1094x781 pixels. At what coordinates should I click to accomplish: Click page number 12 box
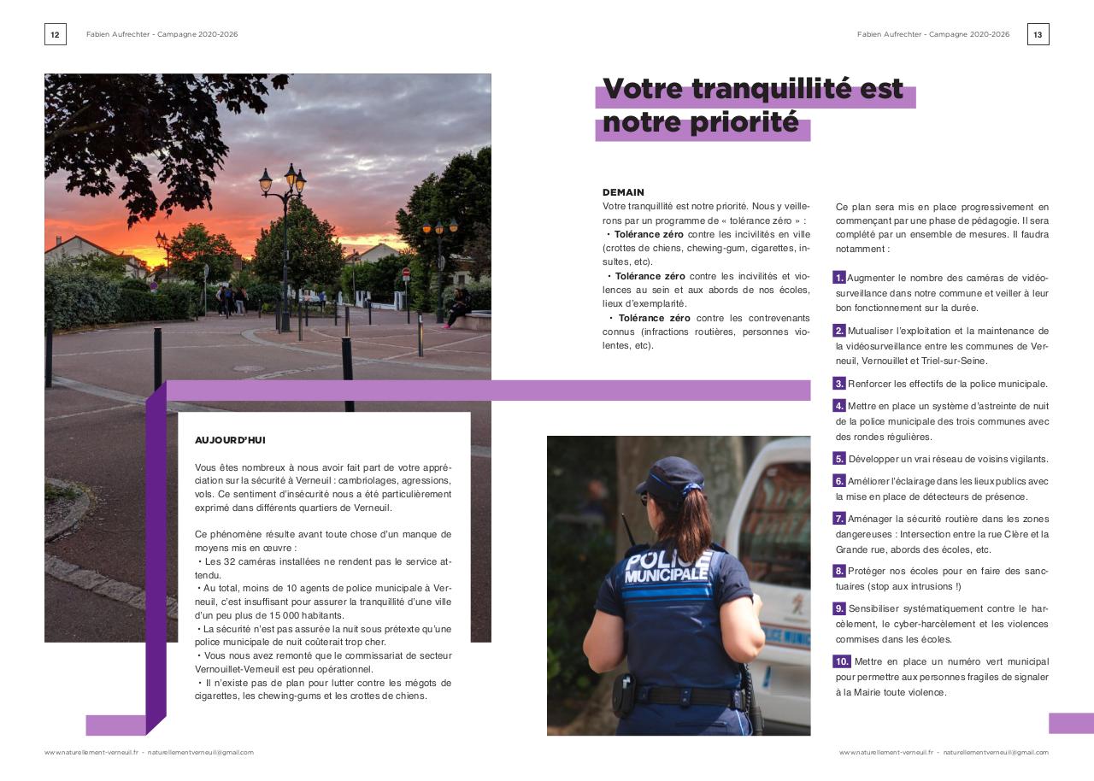(55, 34)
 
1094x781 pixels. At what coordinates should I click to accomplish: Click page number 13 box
(1038, 34)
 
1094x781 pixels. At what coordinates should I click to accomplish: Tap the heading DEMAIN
(623, 192)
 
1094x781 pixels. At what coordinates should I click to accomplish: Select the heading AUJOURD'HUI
(230, 440)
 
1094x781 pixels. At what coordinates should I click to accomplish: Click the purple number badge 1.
(839, 278)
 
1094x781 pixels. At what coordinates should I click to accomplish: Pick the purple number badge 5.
(839, 459)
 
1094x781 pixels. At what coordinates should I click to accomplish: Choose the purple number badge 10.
(842, 661)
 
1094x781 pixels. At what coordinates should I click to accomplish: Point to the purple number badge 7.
(839, 519)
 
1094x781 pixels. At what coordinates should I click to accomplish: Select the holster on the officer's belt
(623, 695)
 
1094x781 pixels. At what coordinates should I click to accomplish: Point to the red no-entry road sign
(406, 273)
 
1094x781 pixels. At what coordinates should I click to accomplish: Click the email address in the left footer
(200, 753)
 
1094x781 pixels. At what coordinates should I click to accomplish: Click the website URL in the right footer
(885, 753)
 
